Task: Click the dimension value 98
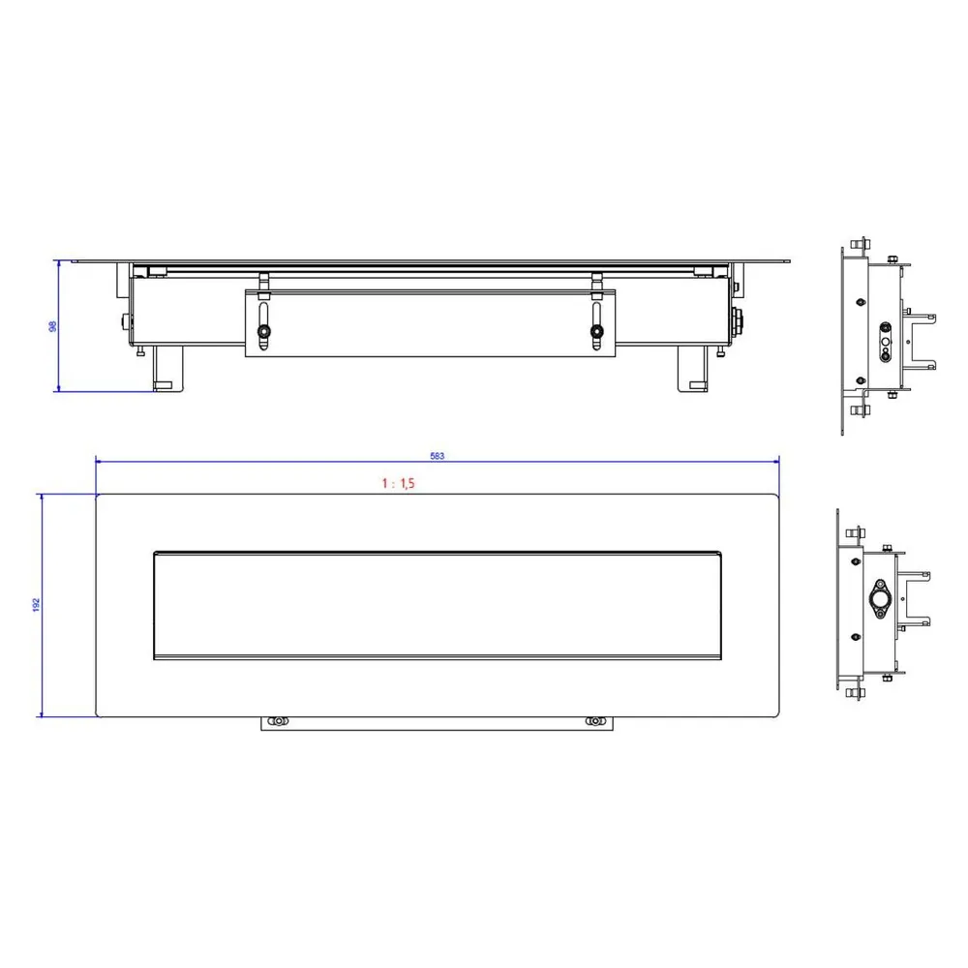click(x=53, y=326)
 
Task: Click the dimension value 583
click(x=438, y=456)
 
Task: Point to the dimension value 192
click(x=37, y=605)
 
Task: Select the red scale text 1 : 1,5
click(x=398, y=483)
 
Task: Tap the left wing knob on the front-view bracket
click(x=263, y=331)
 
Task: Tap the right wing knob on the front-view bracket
click(x=597, y=331)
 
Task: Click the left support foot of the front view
click(x=167, y=369)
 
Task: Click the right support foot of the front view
click(x=693, y=369)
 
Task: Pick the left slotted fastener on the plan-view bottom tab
click(x=279, y=721)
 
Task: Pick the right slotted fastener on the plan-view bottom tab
click(x=594, y=721)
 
